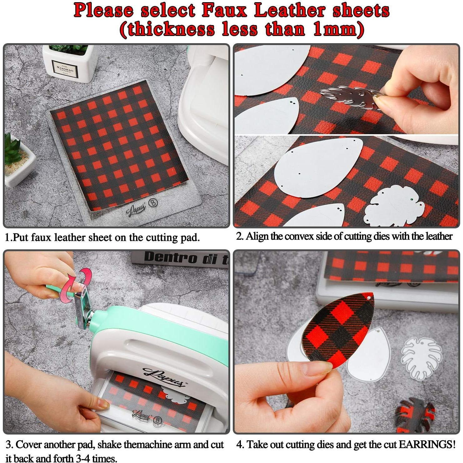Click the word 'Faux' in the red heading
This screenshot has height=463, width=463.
(225, 11)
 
